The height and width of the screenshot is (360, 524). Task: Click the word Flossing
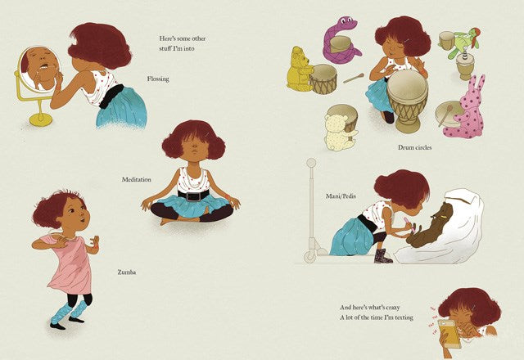[x=158, y=79]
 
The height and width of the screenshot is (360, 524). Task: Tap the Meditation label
[x=137, y=179]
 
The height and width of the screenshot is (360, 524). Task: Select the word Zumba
[x=127, y=272]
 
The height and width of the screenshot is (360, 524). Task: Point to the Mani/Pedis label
[x=341, y=196]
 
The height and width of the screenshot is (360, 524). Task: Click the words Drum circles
[x=415, y=147]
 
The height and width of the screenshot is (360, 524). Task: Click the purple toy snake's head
[x=347, y=23]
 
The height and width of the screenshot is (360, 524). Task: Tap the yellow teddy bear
[x=298, y=70]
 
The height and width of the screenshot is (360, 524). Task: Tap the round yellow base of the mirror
[x=40, y=119]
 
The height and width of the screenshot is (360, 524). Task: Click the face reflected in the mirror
[x=39, y=67]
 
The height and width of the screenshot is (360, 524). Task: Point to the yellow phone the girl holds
[x=449, y=333]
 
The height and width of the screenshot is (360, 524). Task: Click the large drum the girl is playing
[x=407, y=100]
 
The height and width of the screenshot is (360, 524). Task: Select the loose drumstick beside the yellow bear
[x=353, y=79]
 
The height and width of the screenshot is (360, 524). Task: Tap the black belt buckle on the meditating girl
[x=193, y=196]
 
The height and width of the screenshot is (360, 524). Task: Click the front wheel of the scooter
[x=309, y=257]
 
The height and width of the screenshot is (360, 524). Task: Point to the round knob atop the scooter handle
[x=311, y=163]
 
